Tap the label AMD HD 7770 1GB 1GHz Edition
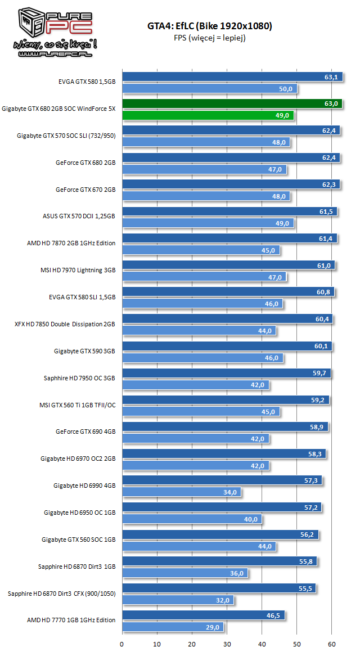point(71,620)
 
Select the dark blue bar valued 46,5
point(202,615)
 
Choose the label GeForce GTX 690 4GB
point(85,432)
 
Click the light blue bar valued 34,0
point(181,492)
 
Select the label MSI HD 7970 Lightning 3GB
point(78,270)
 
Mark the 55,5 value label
point(306,588)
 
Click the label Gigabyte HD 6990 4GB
point(84,486)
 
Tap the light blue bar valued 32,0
point(178,600)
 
